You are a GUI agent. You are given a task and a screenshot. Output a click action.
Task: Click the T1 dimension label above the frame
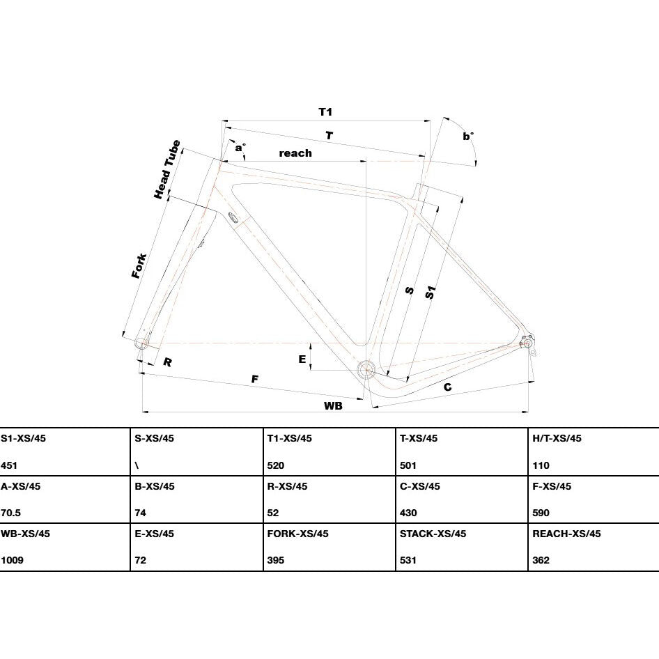click(325, 111)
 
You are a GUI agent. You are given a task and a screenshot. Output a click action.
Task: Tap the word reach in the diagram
click(295, 153)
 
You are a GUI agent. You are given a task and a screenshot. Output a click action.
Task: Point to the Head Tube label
click(167, 169)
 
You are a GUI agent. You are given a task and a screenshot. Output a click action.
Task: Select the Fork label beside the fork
click(139, 265)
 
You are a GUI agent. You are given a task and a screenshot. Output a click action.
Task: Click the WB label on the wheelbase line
click(333, 405)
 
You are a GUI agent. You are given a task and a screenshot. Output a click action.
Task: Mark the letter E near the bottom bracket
click(302, 359)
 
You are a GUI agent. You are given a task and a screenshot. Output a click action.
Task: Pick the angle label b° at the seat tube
click(468, 137)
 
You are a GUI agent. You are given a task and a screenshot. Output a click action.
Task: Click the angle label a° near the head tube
click(240, 148)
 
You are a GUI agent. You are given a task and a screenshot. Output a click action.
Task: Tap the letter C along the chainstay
click(448, 387)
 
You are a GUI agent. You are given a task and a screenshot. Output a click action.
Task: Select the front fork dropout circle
click(141, 343)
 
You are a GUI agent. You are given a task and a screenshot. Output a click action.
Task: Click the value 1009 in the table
click(12, 560)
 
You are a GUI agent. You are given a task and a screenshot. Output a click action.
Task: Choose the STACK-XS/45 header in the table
click(433, 534)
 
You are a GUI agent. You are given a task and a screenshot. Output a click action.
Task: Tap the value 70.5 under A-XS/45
click(11, 513)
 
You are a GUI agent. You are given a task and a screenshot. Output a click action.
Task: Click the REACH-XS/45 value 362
click(541, 560)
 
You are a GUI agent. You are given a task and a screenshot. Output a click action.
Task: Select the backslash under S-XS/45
click(137, 465)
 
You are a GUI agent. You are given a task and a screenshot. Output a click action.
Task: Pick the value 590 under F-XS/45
click(541, 513)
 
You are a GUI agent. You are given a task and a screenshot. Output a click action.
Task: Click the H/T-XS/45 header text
click(557, 438)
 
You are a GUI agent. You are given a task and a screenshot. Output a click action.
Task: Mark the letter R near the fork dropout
click(167, 362)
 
